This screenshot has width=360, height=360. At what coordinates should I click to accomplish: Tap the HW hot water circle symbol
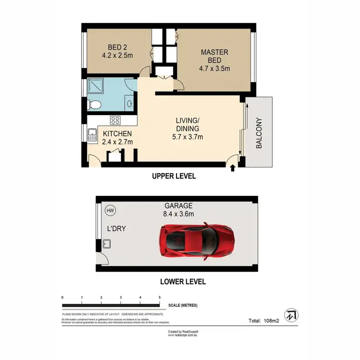(x=110, y=210)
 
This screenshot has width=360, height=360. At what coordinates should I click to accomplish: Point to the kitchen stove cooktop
(x=115, y=120)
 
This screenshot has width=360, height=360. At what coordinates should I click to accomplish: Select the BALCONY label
(x=259, y=133)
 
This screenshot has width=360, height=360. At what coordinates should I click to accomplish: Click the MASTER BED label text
(x=215, y=56)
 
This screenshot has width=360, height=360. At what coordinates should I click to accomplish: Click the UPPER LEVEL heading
(x=174, y=176)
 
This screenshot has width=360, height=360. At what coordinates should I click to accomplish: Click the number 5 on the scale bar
(x=159, y=298)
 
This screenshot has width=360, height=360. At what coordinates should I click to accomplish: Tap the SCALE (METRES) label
(x=183, y=306)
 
